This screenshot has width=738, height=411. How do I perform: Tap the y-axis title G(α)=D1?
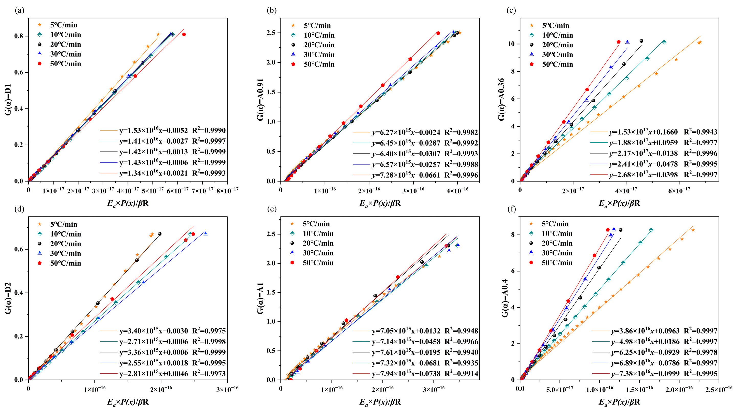click(x=8, y=100)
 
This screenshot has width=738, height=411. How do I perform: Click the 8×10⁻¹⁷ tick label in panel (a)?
click(x=227, y=190)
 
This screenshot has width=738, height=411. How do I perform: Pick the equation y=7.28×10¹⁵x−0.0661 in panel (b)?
click(x=406, y=175)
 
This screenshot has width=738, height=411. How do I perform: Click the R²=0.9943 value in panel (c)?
click(x=700, y=132)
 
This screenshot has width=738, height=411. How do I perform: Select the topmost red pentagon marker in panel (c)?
click(x=618, y=42)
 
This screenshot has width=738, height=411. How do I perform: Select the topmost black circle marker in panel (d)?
click(x=160, y=234)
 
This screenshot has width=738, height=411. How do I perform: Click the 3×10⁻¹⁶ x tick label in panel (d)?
click(x=227, y=389)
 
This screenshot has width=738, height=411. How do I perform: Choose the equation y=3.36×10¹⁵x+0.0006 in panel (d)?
click(x=153, y=352)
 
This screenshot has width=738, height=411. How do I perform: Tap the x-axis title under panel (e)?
click(x=380, y=402)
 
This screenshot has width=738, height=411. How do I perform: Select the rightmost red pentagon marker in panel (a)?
click(x=184, y=34)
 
